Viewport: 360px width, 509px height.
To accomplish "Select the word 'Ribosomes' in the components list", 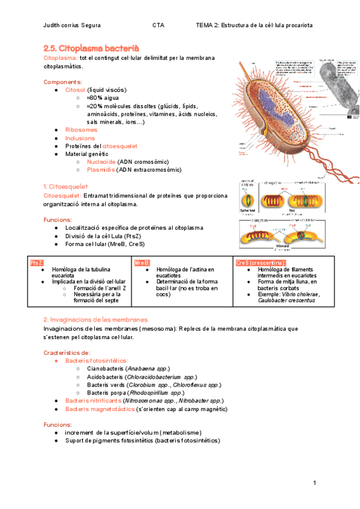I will pyautogui.click(x=81, y=130).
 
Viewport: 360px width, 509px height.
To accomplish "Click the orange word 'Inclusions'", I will pyautogui.click(x=80, y=138).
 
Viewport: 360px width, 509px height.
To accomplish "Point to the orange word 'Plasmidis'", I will pyautogui.click(x=101, y=170).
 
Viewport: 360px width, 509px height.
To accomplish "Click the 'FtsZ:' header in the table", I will pyautogui.click(x=37, y=263).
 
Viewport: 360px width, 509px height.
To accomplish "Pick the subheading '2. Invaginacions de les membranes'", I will pyautogui.click(x=95, y=320).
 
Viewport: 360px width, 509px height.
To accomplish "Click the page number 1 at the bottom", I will pyautogui.click(x=314, y=483).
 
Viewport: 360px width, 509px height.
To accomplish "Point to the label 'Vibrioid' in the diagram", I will pyautogui.click(x=277, y=247).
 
